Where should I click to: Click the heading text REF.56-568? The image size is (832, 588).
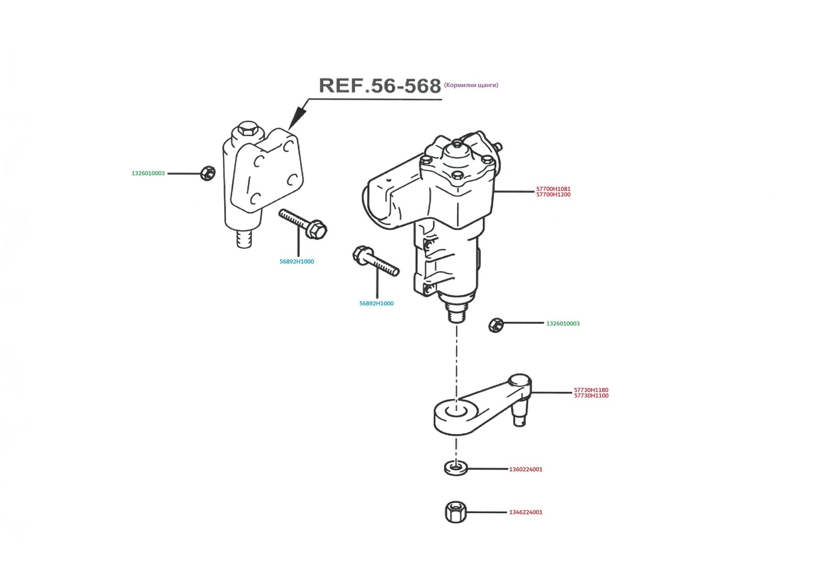click(380, 86)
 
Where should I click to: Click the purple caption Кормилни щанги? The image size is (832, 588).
click(471, 85)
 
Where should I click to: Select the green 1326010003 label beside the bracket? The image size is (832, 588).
click(148, 173)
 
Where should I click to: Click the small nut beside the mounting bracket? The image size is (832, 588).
click(208, 173)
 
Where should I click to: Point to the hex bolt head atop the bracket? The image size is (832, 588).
click(247, 130)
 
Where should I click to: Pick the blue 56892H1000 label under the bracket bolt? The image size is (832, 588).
click(297, 262)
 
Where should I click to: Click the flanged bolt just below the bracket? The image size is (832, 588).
click(303, 224)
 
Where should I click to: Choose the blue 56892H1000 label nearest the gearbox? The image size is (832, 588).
click(376, 303)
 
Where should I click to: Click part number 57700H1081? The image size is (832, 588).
click(553, 189)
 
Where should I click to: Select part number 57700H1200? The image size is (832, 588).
click(553, 195)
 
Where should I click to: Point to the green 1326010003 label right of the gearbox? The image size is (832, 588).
click(563, 324)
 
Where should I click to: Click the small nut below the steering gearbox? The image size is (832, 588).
click(496, 325)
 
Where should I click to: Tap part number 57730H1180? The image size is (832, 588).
click(591, 390)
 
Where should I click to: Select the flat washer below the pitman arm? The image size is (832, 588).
click(456, 468)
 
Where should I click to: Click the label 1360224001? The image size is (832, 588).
click(526, 469)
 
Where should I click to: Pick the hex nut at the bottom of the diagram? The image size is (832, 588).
click(455, 512)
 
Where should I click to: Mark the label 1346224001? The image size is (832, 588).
click(526, 512)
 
